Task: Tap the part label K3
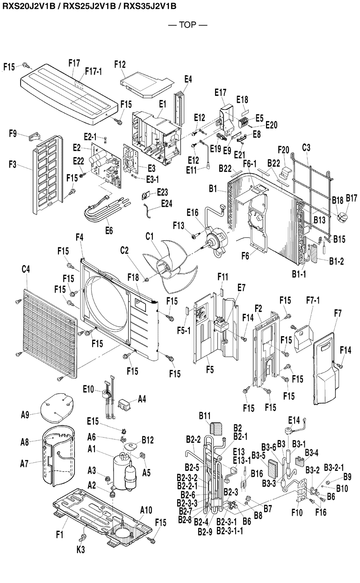click(80, 550)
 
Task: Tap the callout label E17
click(221, 93)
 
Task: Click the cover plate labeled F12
click(145, 82)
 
